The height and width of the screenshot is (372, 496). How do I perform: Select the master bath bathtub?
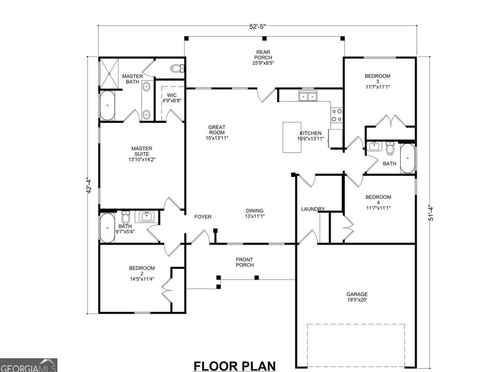(107, 105)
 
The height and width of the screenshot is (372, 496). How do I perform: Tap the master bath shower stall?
(109, 72)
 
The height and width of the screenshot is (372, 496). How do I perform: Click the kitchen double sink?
(308, 97)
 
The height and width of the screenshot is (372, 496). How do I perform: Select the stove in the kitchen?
(336, 114)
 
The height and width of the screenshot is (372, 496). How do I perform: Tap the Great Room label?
(217, 132)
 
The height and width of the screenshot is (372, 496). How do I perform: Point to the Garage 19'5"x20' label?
(357, 297)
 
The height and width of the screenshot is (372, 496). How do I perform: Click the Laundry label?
(312, 209)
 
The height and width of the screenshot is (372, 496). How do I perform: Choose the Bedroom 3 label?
(378, 81)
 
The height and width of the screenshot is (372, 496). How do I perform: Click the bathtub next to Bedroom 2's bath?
(107, 228)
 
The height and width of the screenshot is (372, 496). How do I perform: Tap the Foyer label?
(203, 217)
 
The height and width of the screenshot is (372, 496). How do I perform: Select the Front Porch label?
(244, 262)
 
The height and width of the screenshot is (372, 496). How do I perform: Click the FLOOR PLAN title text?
(234, 365)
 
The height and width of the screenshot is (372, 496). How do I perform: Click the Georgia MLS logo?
(28, 365)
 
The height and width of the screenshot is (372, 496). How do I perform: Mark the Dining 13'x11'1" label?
(255, 213)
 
